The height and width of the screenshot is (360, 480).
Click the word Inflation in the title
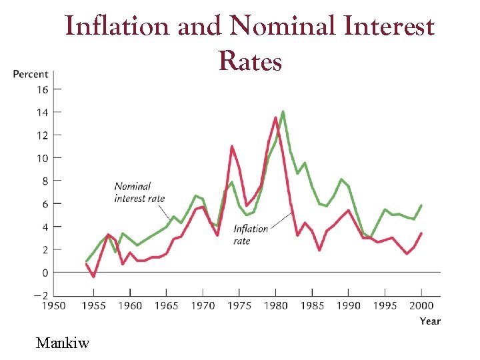click(x=117, y=27)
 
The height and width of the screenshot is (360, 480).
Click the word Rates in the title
click(x=249, y=61)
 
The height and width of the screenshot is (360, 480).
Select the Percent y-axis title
click(x=31, y=74)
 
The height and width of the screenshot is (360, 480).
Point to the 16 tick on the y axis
click(x=42, y=89)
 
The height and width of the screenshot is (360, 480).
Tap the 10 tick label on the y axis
click(x=42, y=158)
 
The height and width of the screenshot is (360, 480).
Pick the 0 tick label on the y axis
click(x=45, y=273)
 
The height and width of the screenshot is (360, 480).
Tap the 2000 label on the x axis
click(x=421, y=306)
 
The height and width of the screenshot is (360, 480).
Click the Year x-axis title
click(x=429, y=321)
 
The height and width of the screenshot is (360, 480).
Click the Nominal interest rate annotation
click(x=139, y=192)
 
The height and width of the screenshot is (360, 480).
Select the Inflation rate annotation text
click(x=250, y=235)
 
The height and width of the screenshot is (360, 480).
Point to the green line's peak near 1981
click(x=283, y=111)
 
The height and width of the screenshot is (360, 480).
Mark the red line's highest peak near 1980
click(x=275, y=118)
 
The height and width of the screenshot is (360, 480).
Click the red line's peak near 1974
click(x=231, y=146)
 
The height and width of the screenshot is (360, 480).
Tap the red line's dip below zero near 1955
click(x=94, y=277)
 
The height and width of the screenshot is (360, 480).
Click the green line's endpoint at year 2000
click(x=421, y=205)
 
